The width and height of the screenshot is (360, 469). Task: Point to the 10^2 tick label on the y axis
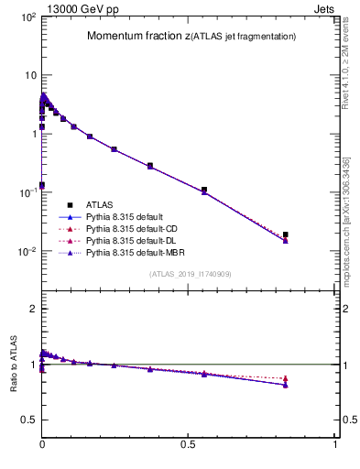click(x=27, y=17)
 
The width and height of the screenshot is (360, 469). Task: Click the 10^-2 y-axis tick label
click(x=27, y=252)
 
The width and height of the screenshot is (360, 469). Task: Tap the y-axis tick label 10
click(x=30, y=75)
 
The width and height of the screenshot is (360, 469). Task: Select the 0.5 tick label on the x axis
click(x=189, y=443)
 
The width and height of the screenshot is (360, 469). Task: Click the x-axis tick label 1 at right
click(x=335, y=443)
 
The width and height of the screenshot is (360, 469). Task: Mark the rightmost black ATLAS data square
click(x=286, y=234)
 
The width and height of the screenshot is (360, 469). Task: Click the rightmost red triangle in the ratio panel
click(x=286, y=378)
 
